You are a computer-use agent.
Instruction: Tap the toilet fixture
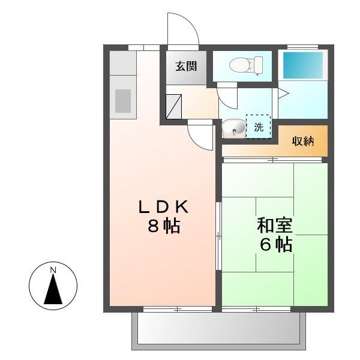pyautogui.click(x=248, y=64)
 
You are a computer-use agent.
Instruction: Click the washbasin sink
pyautogui.click(x=233, y=128)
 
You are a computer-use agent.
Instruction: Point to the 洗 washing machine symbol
pyautogui.click(x=259, y=127)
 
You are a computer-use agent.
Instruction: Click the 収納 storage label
pyautogui.click(x=302, y=142)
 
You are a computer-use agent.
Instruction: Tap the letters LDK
pyautogui.click(x=164, y=208)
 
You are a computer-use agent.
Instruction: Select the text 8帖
pyautogui.click(x=164, y=227)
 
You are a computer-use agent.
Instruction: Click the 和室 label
pyautogui.click(x=274, y=226)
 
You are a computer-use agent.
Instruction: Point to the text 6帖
pyautogui.click(x=275, y=245)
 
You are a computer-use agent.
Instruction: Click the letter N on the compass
pyautogui.click(x=53, y=271)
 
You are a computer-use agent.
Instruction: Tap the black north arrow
pyautogui.click(x=53, y=290)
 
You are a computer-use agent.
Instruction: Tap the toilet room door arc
pyautogui.click(x=227, y=95)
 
